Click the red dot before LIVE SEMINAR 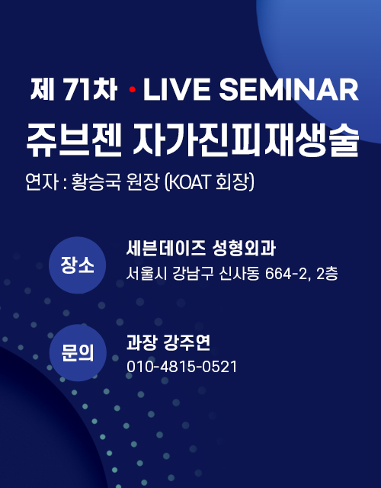(x=132, y=90)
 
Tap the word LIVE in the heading (x=177, y=89)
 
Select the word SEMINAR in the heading (x=289, y=89)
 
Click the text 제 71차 (x=74, y=89)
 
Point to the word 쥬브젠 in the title (x=74, y=140)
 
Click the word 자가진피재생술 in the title (x=246, y=140)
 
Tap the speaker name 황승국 (x=96, y=181)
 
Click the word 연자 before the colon (x=42, y=181)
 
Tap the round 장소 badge (x=78, y=265)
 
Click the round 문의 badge (x=78, y=352)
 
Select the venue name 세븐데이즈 (x=165, y=249)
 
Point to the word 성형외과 (x=244, y=249)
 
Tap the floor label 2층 (x=327, y=274)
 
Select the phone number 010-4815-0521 (x=181, y=367)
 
